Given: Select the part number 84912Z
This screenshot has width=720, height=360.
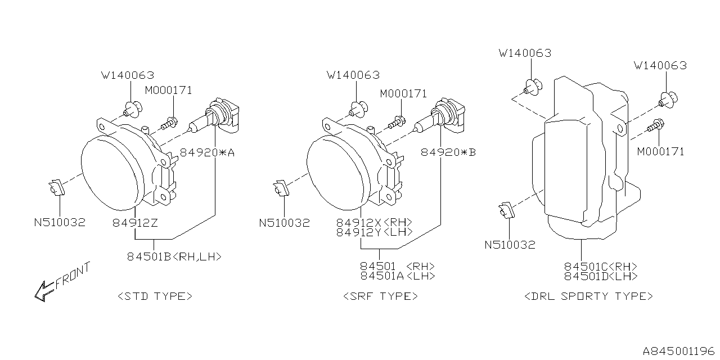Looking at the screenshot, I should pos(135,223).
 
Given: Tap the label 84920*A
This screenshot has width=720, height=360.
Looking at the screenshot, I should pos(207,151).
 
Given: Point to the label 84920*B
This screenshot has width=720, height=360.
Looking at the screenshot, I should pos(448,151).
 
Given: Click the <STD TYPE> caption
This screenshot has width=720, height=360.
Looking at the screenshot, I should pos(155,296).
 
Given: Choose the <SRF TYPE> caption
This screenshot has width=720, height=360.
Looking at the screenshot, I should pos(380,296).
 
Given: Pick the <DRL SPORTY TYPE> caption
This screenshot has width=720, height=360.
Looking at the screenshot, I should pos(588,296).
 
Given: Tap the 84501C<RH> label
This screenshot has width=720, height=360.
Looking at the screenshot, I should pos(601,266).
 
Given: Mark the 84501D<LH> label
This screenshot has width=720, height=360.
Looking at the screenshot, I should pos(601,276).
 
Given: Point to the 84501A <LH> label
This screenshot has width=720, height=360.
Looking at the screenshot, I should pos(397,276).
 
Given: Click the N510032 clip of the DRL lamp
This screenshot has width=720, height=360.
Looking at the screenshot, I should pos(506,210).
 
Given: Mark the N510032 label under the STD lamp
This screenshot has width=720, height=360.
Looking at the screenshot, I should pos(60,222).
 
